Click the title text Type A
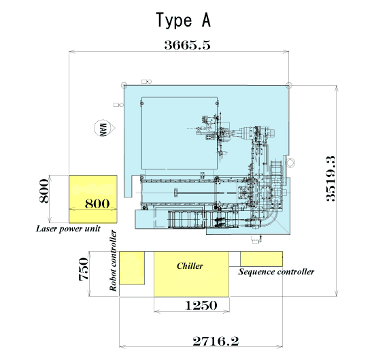[183, 20]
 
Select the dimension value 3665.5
[187, 45]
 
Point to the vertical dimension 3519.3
[330, 178]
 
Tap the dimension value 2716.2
[216, 341]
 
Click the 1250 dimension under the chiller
[201, 306]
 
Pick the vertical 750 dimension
[84, 269]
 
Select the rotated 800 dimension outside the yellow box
[44, 191]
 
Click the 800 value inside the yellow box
[97, 203]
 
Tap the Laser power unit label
[68, 229]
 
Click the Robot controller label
[113, 261]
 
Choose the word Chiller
[190, 266]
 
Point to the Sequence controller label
[276, 272]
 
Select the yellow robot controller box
[132, 268]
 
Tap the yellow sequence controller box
[261, 259]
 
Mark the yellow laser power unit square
[93, 199]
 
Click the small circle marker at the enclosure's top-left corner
[124, 86]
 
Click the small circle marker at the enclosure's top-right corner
[289, 85]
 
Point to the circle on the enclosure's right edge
[290, 163]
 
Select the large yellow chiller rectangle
[191, 274]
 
